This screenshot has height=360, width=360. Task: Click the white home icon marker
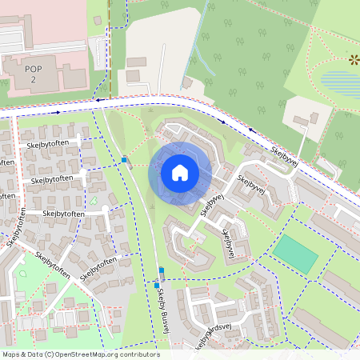coord(179,172)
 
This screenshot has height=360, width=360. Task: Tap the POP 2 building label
coord(33,74)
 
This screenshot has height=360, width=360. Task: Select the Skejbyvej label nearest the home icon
coord(210,203)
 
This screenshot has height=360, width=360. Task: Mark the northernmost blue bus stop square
coord(125,160)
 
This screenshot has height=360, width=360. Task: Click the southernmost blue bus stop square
coord(157,285)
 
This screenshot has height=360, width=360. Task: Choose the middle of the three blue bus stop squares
coord(162,270)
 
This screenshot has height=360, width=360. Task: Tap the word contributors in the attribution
coord(138,354)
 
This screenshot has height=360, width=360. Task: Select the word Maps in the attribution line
coord(11,354)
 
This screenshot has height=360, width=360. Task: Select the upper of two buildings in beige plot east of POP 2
coord(137,62)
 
